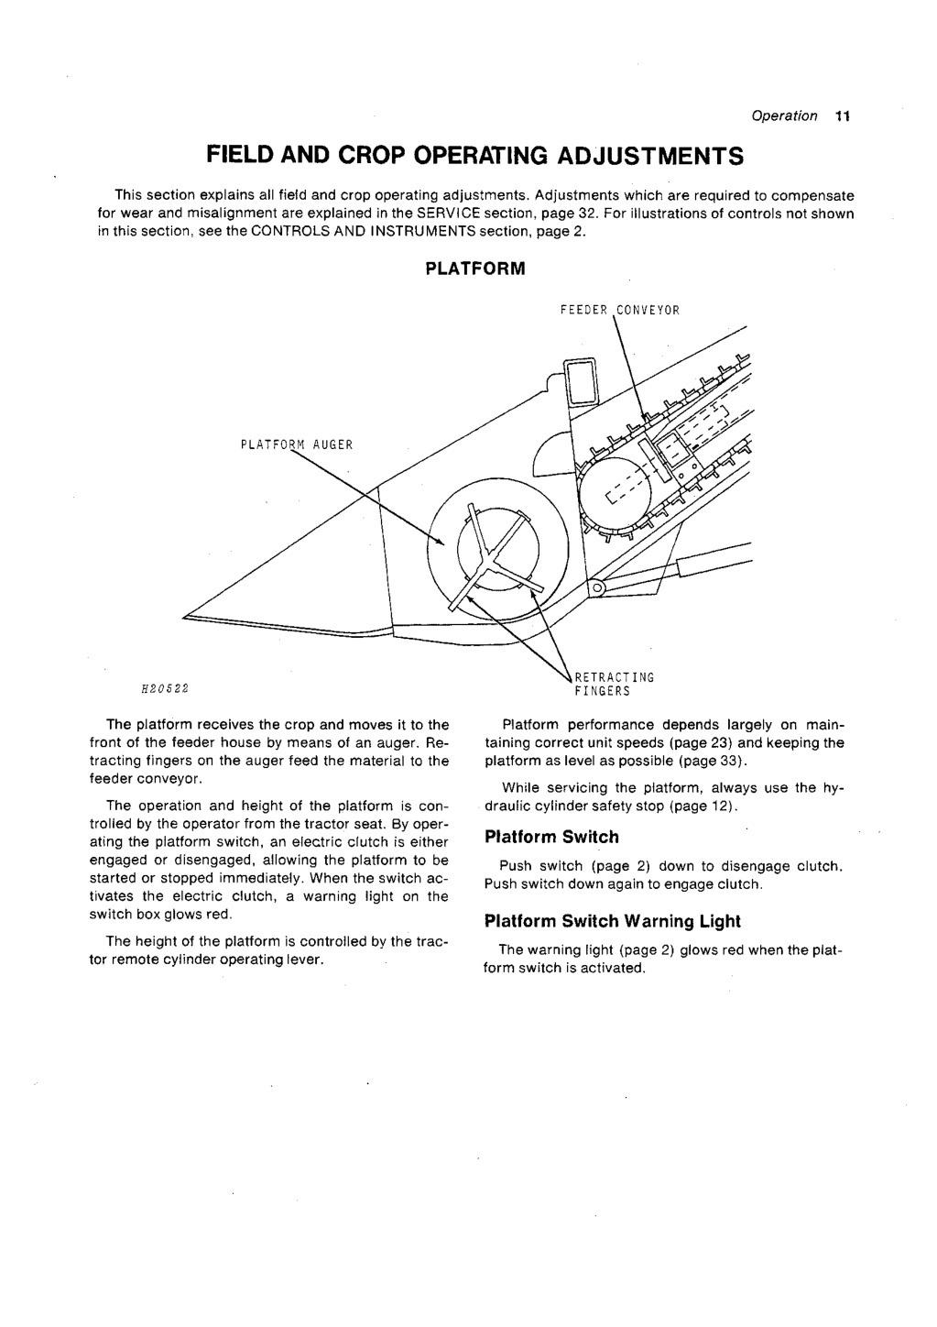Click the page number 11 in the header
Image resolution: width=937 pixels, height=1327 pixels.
point(843,116)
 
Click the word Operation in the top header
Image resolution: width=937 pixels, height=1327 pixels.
point(784,116)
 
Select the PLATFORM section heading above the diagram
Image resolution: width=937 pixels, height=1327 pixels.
point(474,269)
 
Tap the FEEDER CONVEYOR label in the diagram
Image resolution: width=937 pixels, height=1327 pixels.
point(619,310)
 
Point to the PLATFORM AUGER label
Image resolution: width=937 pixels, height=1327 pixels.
point(296,445)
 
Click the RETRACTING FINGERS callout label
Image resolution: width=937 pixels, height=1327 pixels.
point(614,684)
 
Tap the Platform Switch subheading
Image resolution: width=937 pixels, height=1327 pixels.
point(551,837)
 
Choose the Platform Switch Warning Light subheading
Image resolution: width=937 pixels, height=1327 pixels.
point(612,921)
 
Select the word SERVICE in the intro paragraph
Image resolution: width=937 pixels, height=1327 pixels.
point(444,214)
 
